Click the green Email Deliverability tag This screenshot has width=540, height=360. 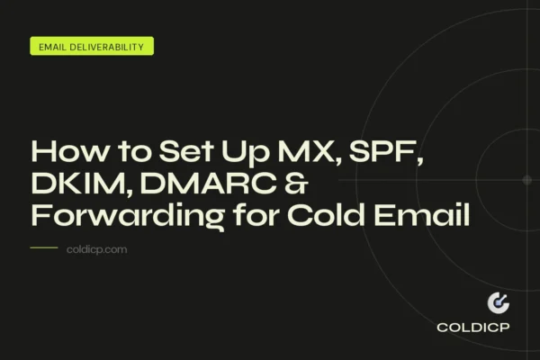(x=92, y=47)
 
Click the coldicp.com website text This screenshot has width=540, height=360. (x=96, y=249)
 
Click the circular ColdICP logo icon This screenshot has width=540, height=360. (x=498, y=303)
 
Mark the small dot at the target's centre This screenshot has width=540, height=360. (x=526, y=180)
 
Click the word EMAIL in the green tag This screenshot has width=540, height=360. (x=53, y=47)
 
